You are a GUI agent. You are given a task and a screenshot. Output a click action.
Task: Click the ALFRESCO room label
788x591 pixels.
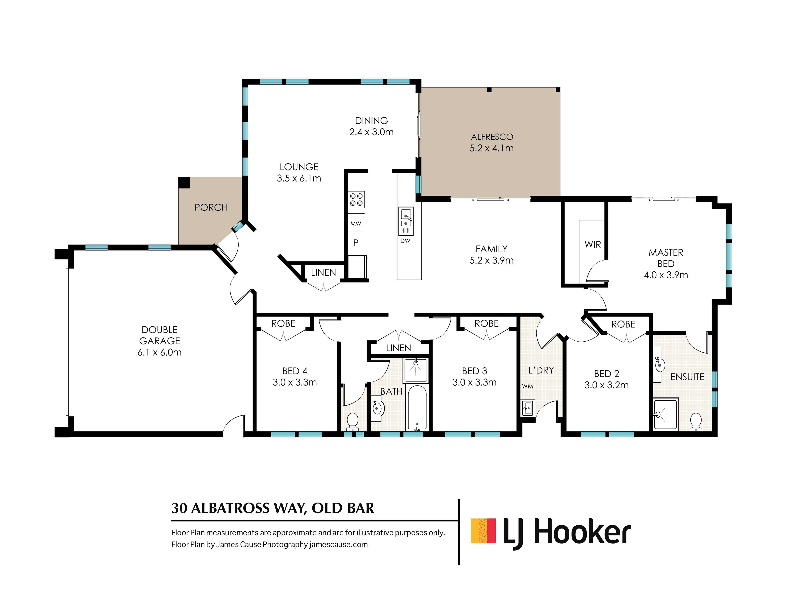click(492, 137)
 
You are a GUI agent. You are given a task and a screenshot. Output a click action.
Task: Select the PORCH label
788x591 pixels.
click(211, 207)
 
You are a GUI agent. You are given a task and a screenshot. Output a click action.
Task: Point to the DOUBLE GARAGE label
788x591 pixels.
click(160, 335)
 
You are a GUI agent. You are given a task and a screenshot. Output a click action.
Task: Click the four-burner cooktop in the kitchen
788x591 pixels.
click(356, 200)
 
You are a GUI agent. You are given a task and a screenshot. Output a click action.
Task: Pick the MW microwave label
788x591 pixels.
click(356, 224)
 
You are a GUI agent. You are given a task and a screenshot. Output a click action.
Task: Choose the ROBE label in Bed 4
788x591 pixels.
click(283, 323)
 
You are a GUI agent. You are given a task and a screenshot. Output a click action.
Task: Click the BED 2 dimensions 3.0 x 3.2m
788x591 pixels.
click(606, 385)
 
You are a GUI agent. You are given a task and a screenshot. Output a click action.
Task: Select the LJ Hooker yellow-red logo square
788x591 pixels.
click(483, 531)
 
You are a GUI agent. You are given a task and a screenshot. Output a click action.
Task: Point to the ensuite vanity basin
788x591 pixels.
click(660, 364)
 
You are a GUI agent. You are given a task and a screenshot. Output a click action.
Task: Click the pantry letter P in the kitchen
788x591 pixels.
click(356, 243)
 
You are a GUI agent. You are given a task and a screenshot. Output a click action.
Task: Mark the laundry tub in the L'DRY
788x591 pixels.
click(528, 408)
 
